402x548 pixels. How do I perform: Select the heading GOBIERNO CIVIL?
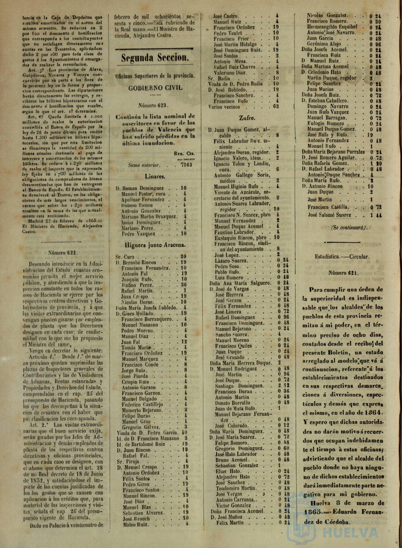click(x=155, y=88)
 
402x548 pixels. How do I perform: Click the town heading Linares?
click(x=155, y=177)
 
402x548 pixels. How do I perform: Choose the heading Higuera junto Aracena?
click(x=155, y=245)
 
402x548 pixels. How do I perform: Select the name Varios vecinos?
click(x=224, y=107)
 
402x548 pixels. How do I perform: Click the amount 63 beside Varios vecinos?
click(x=276, y=107)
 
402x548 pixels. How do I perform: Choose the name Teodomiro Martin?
click(x=233, y=488)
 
